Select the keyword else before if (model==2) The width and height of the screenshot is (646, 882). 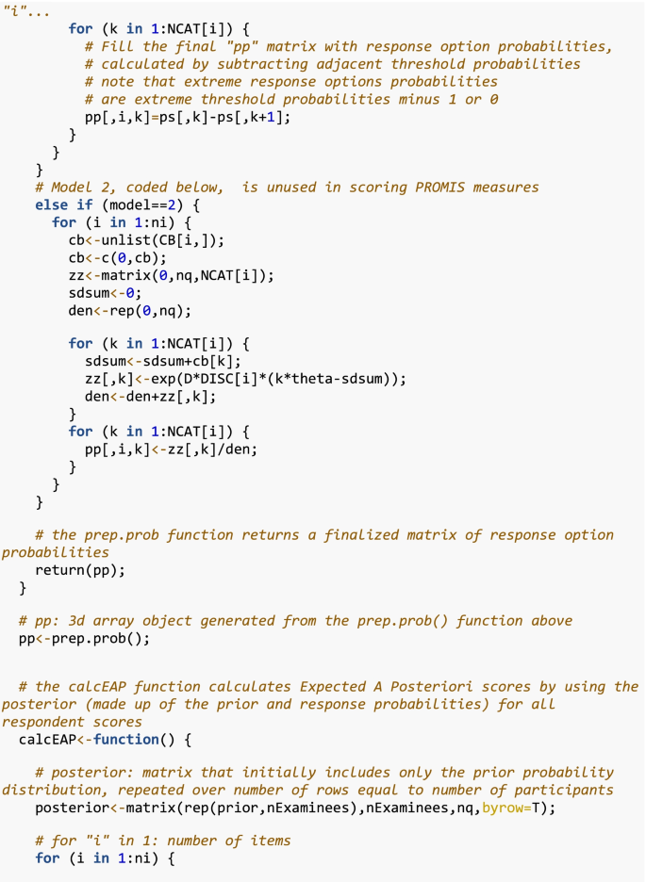[x=52, y=204]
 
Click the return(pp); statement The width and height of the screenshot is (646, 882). [x=80, y=570]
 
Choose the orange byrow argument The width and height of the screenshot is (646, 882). [x=505, y=808]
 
